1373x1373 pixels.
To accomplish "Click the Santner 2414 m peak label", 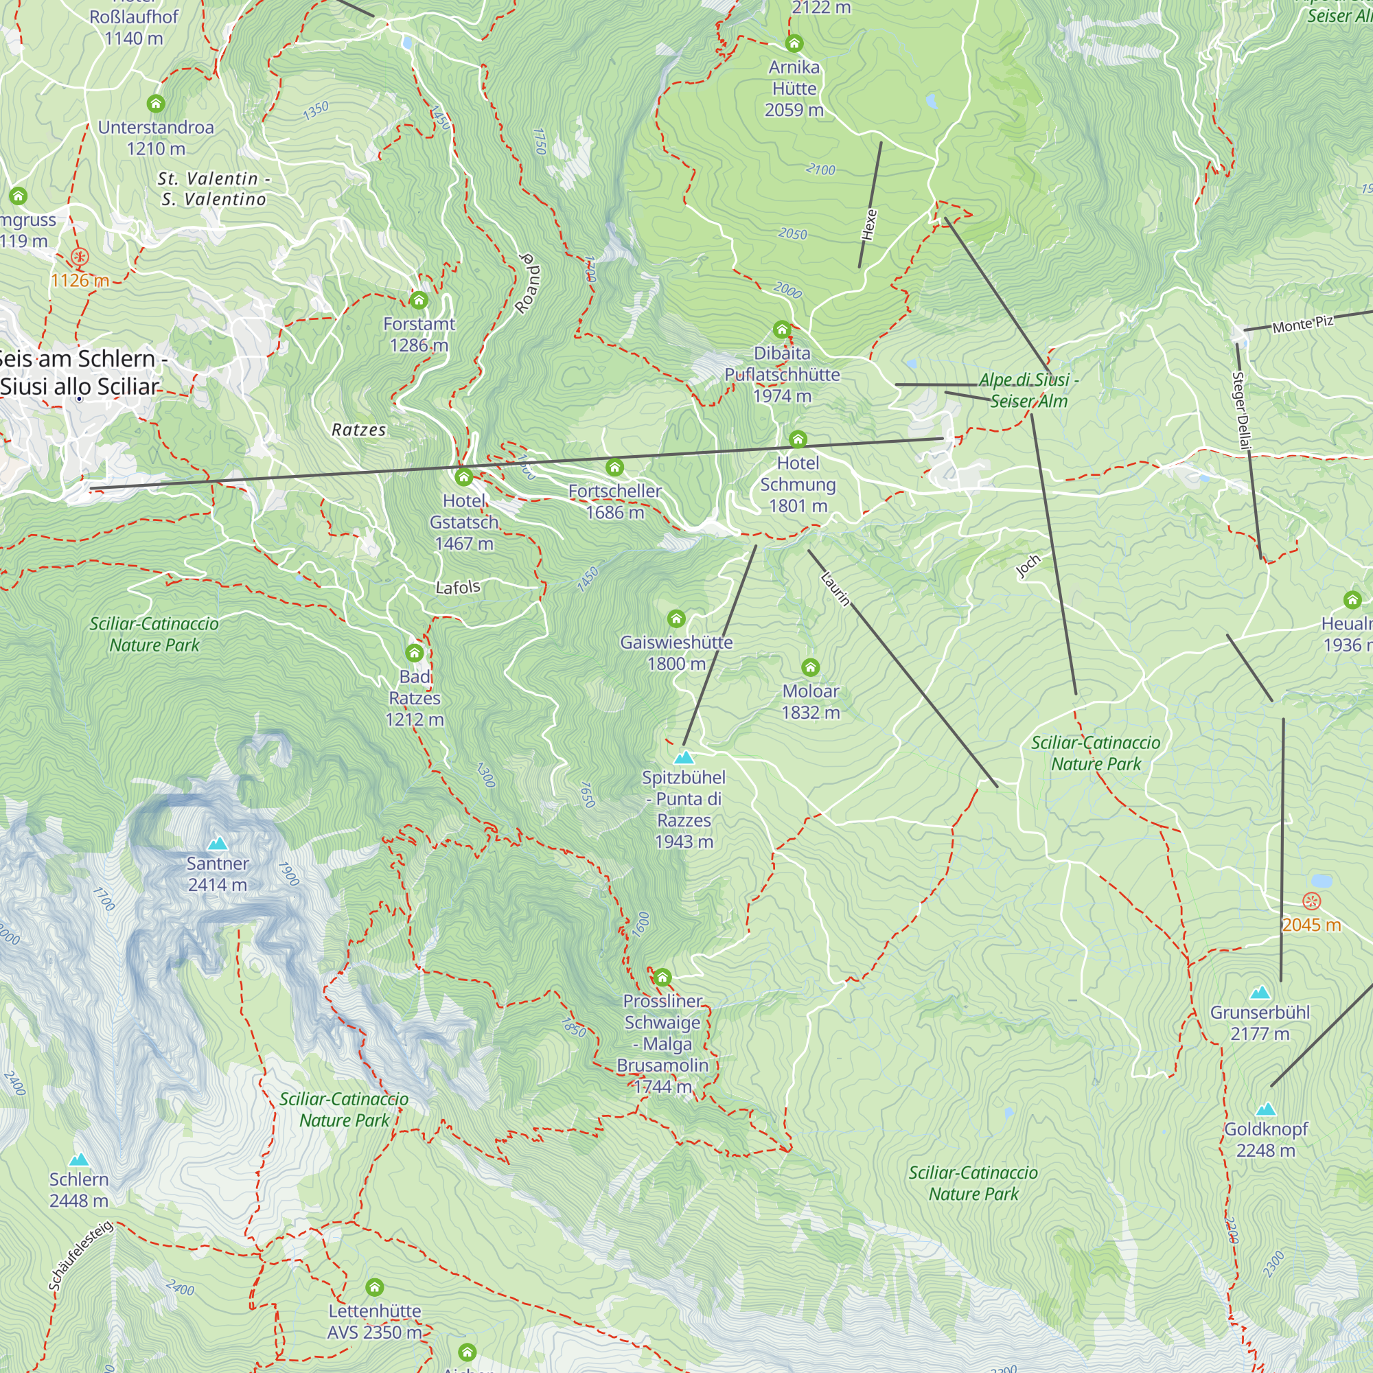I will click(218, 874).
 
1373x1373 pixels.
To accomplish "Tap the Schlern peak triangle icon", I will click(79, 1159).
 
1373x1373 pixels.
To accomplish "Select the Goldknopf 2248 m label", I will click(1266, 1139).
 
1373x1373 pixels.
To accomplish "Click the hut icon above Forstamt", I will click(419, 300).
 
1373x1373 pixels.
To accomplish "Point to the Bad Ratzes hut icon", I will click(415, 652).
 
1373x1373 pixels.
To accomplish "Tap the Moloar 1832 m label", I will click(810, 702).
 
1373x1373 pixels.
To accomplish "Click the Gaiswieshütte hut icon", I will click(676, 619).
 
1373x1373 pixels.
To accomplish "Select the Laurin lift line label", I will click(835, 588).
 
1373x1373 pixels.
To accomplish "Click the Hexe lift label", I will click(869, 224).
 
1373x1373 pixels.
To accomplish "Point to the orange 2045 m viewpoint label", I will click(1311, 925).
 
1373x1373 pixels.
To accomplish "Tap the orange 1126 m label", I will click(80, 280).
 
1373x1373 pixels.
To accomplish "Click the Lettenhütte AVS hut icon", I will click(375, 1287).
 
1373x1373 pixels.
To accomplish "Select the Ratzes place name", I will click(359, 430).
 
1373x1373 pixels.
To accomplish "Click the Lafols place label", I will click(458, 587).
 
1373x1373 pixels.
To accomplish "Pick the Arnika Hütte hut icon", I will click(794, 43).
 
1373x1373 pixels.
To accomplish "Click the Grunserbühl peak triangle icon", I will click(1260, 992).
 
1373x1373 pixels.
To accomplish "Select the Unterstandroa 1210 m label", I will click(156, 138).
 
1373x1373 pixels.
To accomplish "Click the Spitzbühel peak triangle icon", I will click(684, 758).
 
